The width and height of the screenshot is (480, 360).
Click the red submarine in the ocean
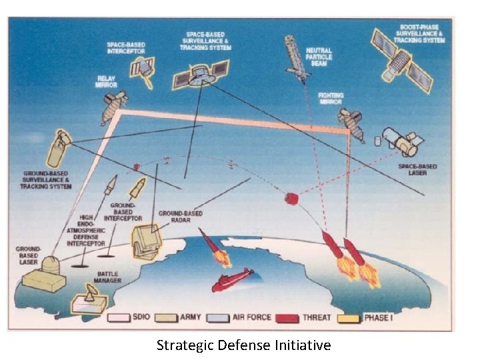pyautogui.click(x=233, y=280)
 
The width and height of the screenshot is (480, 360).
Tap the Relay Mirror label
pyautogui.click(x=106, y=81)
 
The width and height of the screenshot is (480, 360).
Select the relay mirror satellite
pyautogui.click(x=114, y=107)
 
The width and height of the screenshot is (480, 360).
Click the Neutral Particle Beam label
pyautogui.click(x=319, y=57)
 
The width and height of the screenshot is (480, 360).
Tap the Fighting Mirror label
pyautogui.click(x=330, y=99)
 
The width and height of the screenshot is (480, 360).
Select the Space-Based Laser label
pyautogui.click(x=417, y=169)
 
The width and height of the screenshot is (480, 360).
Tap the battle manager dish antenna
pyautogui.click(x=89, y=297)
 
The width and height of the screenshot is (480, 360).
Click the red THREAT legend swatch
pyautogui.click(x=288, y=318)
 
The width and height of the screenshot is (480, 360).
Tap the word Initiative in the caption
pyautogui.click(x=302, y=345)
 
